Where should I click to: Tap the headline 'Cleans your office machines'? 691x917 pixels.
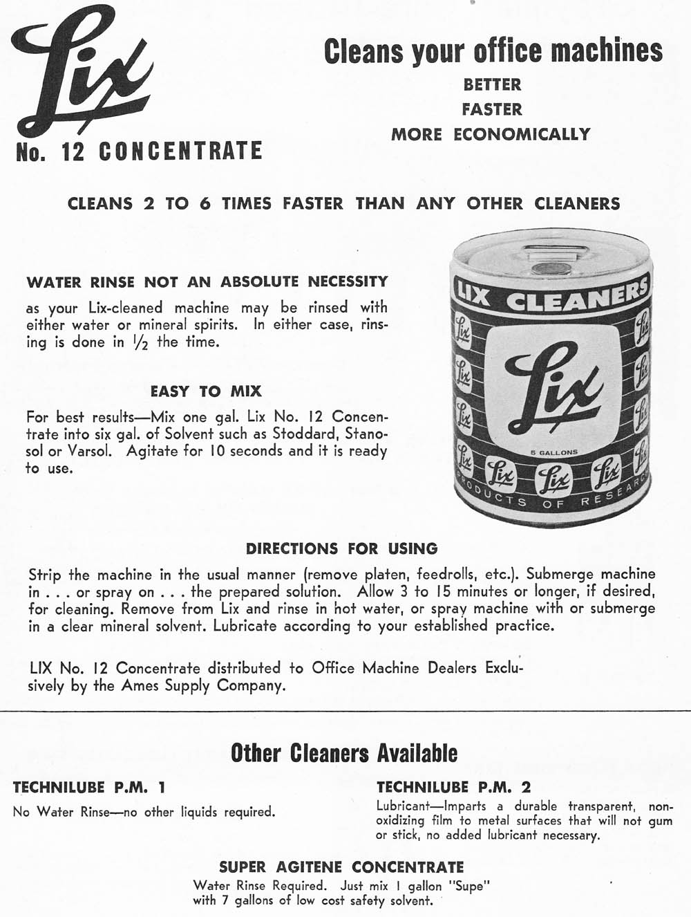click(x=493, y=51)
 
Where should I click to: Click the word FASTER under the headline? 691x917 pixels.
click(x=492, y=109)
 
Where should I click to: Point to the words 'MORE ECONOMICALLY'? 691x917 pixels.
click(x=491, y=134)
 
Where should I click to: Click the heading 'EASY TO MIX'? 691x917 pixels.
click(x=206, y=391)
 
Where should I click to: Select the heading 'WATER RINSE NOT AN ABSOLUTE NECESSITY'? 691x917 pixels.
click(x=207, y=282)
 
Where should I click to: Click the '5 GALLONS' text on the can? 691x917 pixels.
click(x=550, y=452)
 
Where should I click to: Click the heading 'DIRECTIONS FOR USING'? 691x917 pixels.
click(x=341, y=549)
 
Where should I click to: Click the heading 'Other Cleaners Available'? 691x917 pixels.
click(x=343, y=752)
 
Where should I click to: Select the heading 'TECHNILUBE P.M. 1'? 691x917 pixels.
click(x=89, y=787)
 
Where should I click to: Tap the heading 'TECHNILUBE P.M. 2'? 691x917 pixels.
click(x=453, y=787)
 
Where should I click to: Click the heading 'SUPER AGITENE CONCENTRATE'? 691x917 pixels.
click(x=341, y=867)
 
